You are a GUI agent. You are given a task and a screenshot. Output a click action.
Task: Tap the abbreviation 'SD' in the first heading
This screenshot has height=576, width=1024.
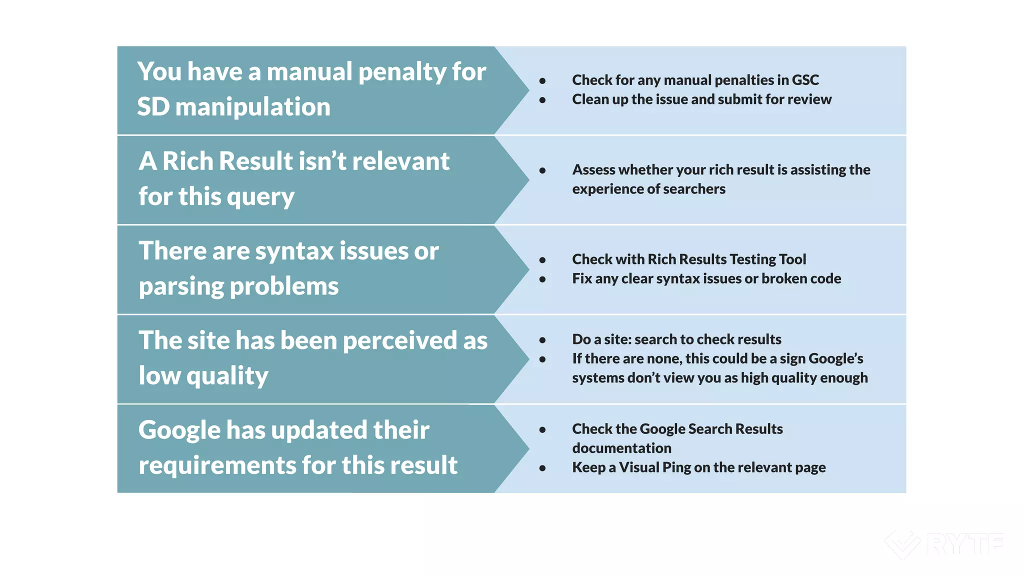pos(153,107)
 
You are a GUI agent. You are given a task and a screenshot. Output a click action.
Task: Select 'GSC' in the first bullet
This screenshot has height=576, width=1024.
pos(805,80)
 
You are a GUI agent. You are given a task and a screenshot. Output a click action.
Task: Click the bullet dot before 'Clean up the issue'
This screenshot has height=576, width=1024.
pos(542,100)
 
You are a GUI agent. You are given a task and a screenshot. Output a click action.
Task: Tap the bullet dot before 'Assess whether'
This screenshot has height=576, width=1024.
pos(542,170)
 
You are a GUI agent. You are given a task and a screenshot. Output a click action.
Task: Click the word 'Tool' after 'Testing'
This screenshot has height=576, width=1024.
pos(792,259)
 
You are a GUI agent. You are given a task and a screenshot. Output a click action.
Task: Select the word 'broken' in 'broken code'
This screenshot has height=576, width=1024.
pos(783,278)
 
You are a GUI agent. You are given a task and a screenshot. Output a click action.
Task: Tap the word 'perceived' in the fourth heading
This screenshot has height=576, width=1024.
pos(399,341)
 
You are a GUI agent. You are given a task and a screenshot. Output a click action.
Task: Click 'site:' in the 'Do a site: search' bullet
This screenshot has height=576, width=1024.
pos(618,339)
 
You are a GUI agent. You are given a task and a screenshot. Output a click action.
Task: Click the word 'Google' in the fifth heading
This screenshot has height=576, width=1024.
pos(179,430)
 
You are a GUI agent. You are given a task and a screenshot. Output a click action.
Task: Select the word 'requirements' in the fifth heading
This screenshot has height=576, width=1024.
pos(217,466)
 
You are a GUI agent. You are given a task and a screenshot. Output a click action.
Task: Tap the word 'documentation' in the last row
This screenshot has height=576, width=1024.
pos(621,448)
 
